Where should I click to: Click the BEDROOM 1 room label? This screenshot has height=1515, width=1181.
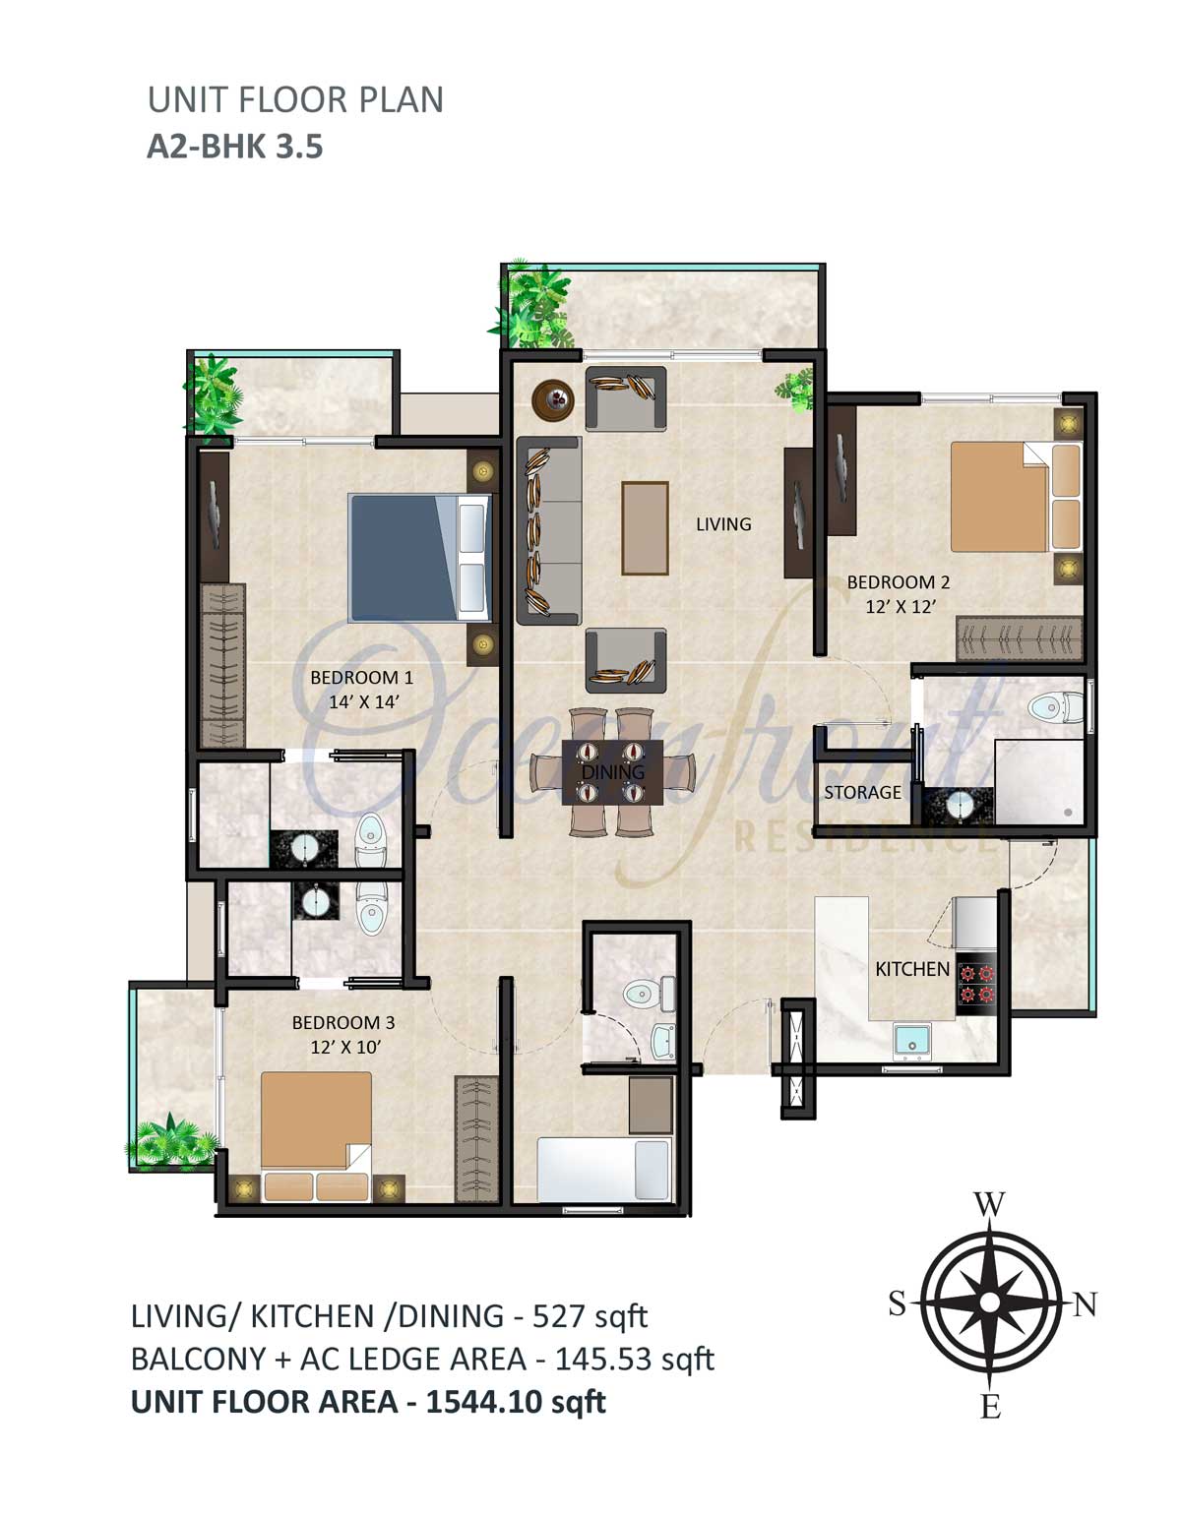[361, 677]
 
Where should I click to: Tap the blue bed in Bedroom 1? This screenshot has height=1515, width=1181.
[420, 558]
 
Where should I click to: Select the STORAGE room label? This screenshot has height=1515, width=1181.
[862, 792]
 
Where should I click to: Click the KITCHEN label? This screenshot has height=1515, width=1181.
[912, 968]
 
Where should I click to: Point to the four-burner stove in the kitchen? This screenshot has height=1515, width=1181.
[976, 983]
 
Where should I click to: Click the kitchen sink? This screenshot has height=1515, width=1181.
[911, 1040]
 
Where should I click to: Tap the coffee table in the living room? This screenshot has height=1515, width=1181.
[645, 527]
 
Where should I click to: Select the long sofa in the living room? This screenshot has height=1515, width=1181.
[548, 530]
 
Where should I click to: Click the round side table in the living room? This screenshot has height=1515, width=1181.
[553, 399]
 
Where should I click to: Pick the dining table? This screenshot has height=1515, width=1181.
[613, 772]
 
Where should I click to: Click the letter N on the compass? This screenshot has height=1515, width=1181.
[1085, 1303]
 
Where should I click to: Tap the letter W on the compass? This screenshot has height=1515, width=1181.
[988, 1203]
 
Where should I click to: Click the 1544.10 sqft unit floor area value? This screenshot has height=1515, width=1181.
[515, 1401]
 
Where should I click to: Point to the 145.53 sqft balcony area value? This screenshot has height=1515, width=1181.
[635, 1359]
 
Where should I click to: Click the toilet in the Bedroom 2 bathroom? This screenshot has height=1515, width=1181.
[1055, 708]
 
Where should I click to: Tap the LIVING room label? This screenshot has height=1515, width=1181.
[723, 524]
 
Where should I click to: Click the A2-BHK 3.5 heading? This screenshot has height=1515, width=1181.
[234, 148]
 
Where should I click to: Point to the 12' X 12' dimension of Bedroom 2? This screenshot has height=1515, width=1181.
[901, 607]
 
